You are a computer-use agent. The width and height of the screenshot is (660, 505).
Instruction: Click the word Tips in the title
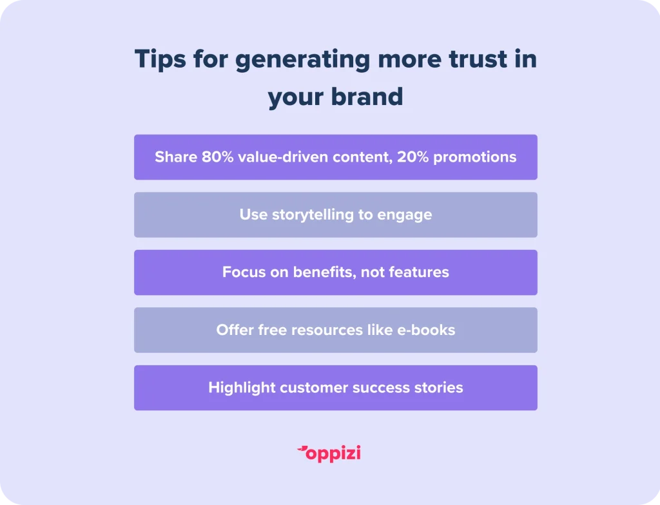(160, 59)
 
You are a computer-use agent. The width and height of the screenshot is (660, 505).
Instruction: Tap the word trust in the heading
(478, 59)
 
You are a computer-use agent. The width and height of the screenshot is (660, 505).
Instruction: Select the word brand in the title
(367, 97)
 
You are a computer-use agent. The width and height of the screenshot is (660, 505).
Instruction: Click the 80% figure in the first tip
(218, 157)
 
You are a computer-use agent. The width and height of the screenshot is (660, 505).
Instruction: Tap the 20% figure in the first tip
(413, 157)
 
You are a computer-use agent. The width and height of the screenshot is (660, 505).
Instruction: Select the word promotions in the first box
(475, 158)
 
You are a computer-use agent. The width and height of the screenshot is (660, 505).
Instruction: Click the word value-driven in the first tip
(283, 157)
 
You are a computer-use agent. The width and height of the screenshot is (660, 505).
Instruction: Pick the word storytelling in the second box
(313, 215)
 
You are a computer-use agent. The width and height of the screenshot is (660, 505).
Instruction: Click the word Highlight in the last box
(242, 388)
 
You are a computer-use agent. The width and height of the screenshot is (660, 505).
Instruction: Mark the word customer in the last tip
(314, 388)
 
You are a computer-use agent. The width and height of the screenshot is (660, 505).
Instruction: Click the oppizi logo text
(333, 453)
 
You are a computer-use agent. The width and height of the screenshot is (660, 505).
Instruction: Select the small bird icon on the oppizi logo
(302, 450)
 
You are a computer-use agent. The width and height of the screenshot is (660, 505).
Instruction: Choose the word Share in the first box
(176, 157)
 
